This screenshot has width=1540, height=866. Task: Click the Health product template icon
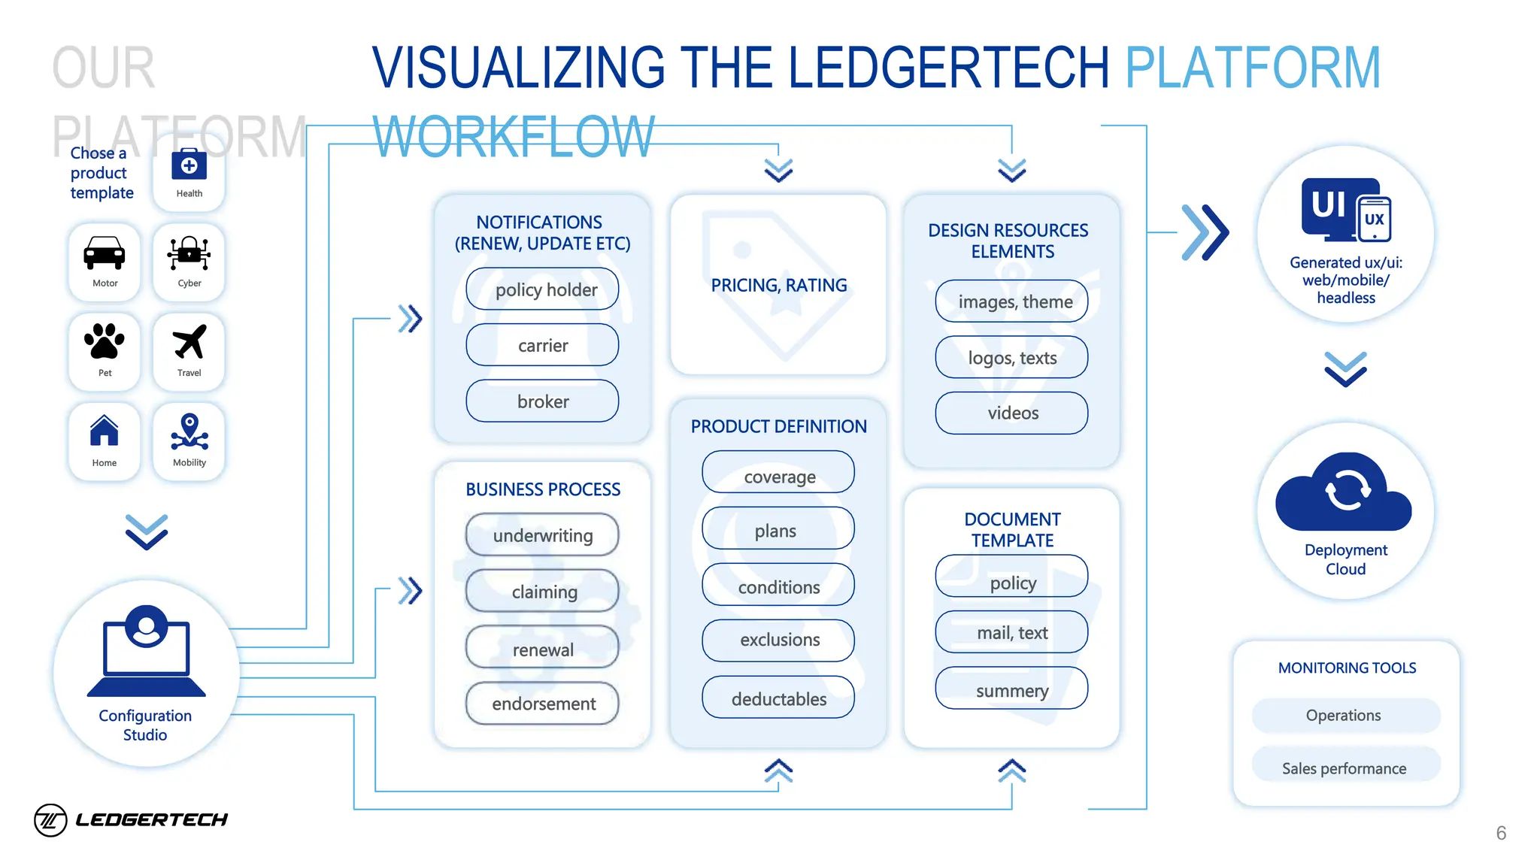189,165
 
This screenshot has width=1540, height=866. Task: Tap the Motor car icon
105,253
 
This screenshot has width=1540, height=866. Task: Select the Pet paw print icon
105,342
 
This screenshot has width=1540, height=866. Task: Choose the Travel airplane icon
189,342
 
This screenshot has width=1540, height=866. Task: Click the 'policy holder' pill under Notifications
542,289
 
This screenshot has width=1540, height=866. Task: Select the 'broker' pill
542,401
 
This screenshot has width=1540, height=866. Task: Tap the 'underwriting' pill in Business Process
542,535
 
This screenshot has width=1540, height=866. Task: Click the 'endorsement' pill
542,704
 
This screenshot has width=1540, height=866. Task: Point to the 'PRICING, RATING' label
778,286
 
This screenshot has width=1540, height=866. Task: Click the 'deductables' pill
778,698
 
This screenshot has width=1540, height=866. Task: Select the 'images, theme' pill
1011,301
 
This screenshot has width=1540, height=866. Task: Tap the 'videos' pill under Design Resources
1011,413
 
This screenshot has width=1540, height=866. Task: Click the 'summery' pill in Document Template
1011,689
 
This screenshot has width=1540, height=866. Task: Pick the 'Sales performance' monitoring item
1344,767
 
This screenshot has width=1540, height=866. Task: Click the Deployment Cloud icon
1344,492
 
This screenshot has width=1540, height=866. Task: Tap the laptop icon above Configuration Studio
147,650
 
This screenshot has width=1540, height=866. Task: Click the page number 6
1501,833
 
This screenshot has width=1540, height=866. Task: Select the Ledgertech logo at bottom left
132,819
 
